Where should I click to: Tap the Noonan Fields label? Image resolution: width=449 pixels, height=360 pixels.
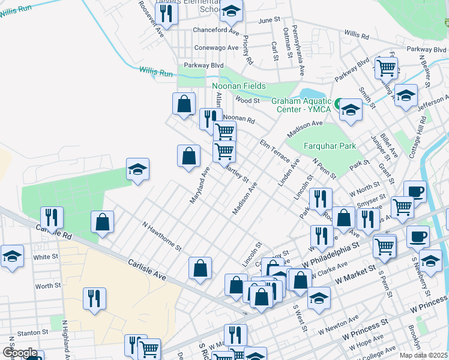click(239, 86)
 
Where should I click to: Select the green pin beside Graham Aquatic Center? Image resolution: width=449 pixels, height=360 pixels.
click(338, 103)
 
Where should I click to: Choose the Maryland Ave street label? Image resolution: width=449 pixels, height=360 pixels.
click(200, 184)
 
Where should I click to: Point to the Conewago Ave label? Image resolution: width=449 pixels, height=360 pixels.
click(217, 47)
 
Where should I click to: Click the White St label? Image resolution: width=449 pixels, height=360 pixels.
click(46, 257)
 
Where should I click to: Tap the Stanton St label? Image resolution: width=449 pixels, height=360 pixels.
click(32, 332)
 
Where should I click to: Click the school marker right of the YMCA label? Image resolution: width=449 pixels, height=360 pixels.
click(351, 110)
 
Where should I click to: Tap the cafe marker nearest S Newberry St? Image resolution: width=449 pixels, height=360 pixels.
click(418, 236)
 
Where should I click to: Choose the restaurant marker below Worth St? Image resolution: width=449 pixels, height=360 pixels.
click(94, 298)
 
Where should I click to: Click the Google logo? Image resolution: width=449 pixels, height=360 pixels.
click(20, 353)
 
